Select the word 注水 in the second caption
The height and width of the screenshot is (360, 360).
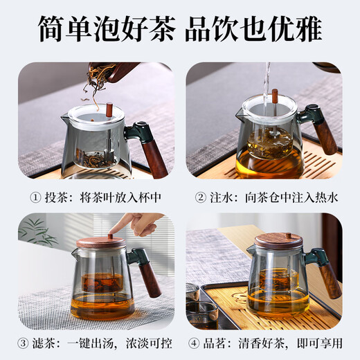click(x=217, y=197)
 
